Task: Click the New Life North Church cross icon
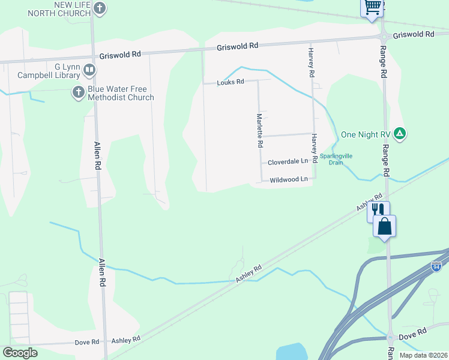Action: click(100, 8)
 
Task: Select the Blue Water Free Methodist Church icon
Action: click(78, 92)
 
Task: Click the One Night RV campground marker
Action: click(401, 134)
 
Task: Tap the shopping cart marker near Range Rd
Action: click(372, 8)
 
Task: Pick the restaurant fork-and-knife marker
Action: click(378, 209)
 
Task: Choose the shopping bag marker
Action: click(384, 226)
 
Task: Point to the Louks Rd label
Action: click(231, 82)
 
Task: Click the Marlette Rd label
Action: click(260, 131)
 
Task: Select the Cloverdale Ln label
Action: click(288, 161)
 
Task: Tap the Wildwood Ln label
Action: click(289, 179)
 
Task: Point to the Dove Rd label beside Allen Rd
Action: click(87, 342)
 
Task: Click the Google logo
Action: click(20, 353)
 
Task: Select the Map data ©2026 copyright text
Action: click(423, 355)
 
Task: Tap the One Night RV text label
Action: click(366, 134)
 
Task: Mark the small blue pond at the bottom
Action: click(291, 352)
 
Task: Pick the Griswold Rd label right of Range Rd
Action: click(413, 35)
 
